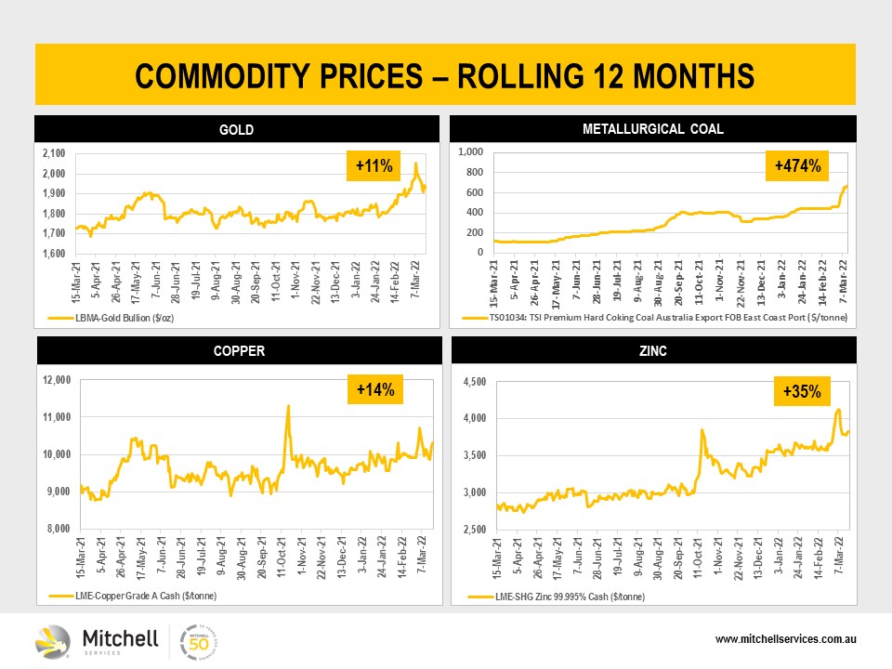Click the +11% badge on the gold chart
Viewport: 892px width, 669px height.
[373, 167]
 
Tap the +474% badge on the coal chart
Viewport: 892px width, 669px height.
[797, 167]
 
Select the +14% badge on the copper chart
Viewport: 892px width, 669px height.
[374, 391]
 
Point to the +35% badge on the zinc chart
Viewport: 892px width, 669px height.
[802, 391]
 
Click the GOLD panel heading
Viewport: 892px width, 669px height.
[236, 130]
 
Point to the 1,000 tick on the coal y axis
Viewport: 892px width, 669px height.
[472, 151]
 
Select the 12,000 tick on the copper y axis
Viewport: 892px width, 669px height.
[58, 380]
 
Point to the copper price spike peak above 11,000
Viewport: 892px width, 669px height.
[288, 406]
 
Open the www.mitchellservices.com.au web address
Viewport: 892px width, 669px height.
[785, 640]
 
